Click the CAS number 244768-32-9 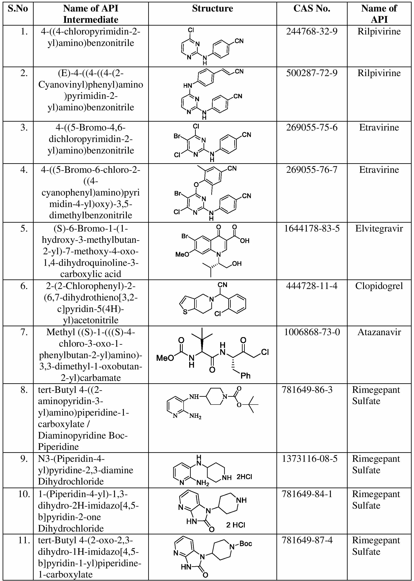(312, 32)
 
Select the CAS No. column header (312, 9)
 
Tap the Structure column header (212, 9)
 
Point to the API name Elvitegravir (379, 228)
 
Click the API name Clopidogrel (379, 286)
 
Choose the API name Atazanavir (379, 332)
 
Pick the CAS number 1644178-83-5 (312, 228)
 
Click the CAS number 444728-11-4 (312, 286)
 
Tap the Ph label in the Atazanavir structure (245, 376)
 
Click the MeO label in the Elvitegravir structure (182, 255)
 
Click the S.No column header (18, 9)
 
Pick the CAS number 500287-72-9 (312, 73)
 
